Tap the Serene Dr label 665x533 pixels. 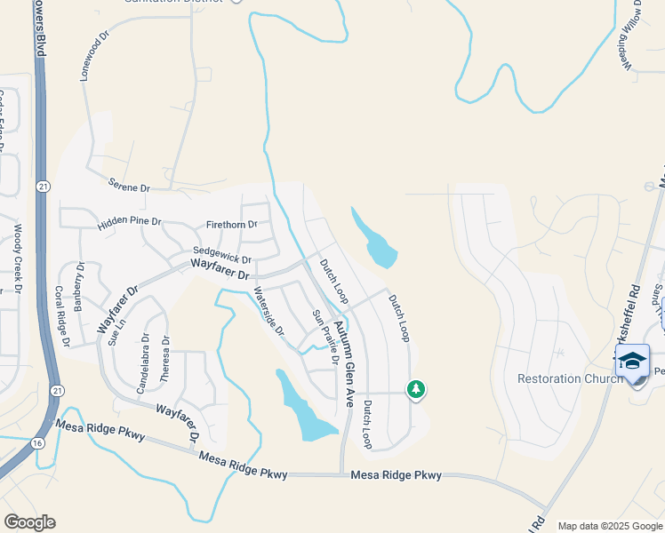point(130,187)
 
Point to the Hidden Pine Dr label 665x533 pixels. point(130,220)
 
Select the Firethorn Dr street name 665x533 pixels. point(231,225)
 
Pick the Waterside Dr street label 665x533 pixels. point(268,311)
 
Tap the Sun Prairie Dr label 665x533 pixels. point(325,337)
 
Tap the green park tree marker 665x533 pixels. point(415,389)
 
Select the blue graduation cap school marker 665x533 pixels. point(632,361)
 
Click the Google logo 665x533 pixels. point(29,522)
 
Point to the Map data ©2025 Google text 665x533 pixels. point(609,526)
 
